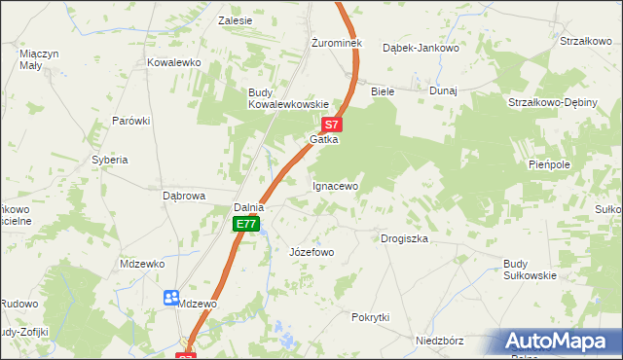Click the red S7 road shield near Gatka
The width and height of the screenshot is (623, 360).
click(332, 125)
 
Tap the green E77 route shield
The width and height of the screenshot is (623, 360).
click(246, 225)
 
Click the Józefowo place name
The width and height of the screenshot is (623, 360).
click(311, 252)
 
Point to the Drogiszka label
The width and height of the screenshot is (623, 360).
click(405, 238)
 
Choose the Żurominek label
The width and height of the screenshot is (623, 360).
click(336, 44)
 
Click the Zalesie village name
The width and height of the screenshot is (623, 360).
click(236, 20)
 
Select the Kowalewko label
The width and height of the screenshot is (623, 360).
click(173, 62)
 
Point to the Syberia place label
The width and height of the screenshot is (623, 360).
click(110, 159)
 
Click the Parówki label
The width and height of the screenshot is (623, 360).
click(130, 121)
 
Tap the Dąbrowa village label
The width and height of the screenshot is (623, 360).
click(183, 196)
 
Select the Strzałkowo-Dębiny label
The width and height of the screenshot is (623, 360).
click(553, 102)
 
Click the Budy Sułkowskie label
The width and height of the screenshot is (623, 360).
click(530, 270)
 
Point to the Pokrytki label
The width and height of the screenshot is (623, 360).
click(370, 317)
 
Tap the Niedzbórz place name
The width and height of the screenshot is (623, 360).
click(438, 342)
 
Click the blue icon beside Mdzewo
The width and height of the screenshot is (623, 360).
click(171, 297)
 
